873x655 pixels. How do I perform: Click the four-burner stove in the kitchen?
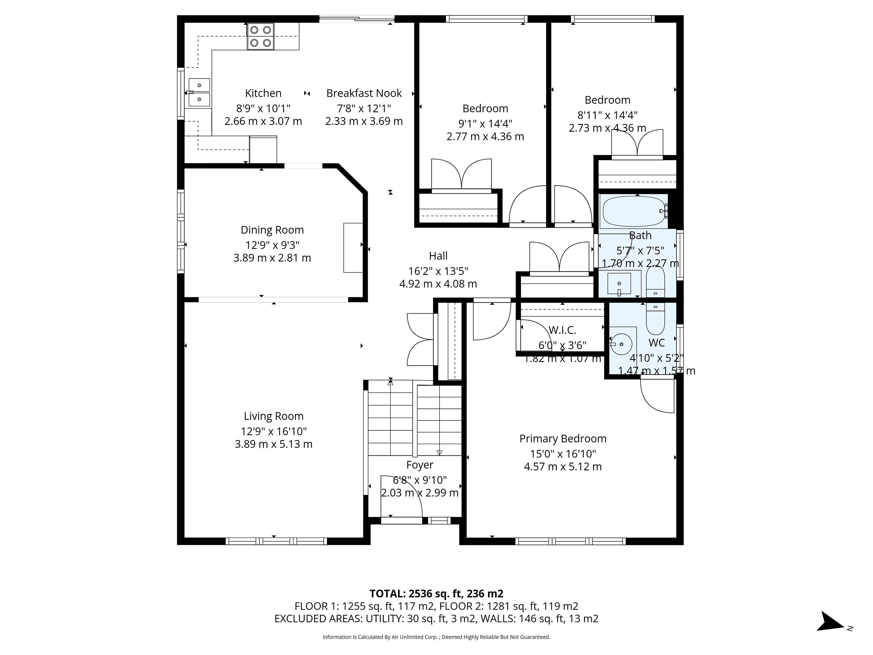tap(261, 36)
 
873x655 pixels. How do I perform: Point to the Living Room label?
tap(273, 416)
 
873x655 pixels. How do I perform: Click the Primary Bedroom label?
tap(563, 439)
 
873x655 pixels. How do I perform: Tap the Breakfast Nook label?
tap(364, 93)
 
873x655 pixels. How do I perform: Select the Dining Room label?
tap(272, 230)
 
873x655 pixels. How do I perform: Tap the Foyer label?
tap(419, 465)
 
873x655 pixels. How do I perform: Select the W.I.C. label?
tap(562, 330)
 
